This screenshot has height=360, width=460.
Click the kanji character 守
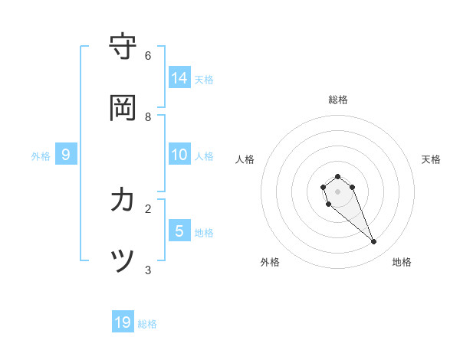coord(123,47)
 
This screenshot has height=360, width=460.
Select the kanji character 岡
coord(123,108)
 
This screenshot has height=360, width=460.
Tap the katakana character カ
coord(123,200)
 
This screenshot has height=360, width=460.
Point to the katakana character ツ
coord(123,261)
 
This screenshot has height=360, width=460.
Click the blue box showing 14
coord(179,77)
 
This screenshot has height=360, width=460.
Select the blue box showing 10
coord(179,155)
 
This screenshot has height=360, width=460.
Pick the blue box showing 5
coord(179,231)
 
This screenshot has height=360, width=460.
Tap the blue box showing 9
coord(66,155)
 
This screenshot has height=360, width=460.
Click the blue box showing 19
coord(123,322)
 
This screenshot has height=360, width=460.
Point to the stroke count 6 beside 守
coord(148,56)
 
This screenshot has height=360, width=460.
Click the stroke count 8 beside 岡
coord(148,117)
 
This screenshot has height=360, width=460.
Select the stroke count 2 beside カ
coord(148,208)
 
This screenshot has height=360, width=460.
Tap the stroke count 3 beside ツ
coord(148,270)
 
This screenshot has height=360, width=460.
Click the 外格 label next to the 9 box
coord(41,156)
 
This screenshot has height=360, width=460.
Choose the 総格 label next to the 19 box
coord(147,324)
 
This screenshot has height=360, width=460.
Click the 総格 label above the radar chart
coord(338,100)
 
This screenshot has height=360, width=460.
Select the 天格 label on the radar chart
coord(431,159)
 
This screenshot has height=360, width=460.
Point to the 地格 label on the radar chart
coord(402,262)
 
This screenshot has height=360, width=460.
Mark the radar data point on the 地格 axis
coord(374,242)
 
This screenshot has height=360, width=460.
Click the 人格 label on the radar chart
coord(245,159)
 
